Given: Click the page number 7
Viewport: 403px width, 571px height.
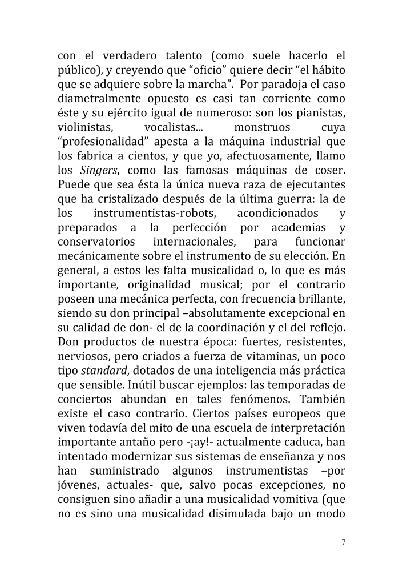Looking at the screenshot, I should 344,542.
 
